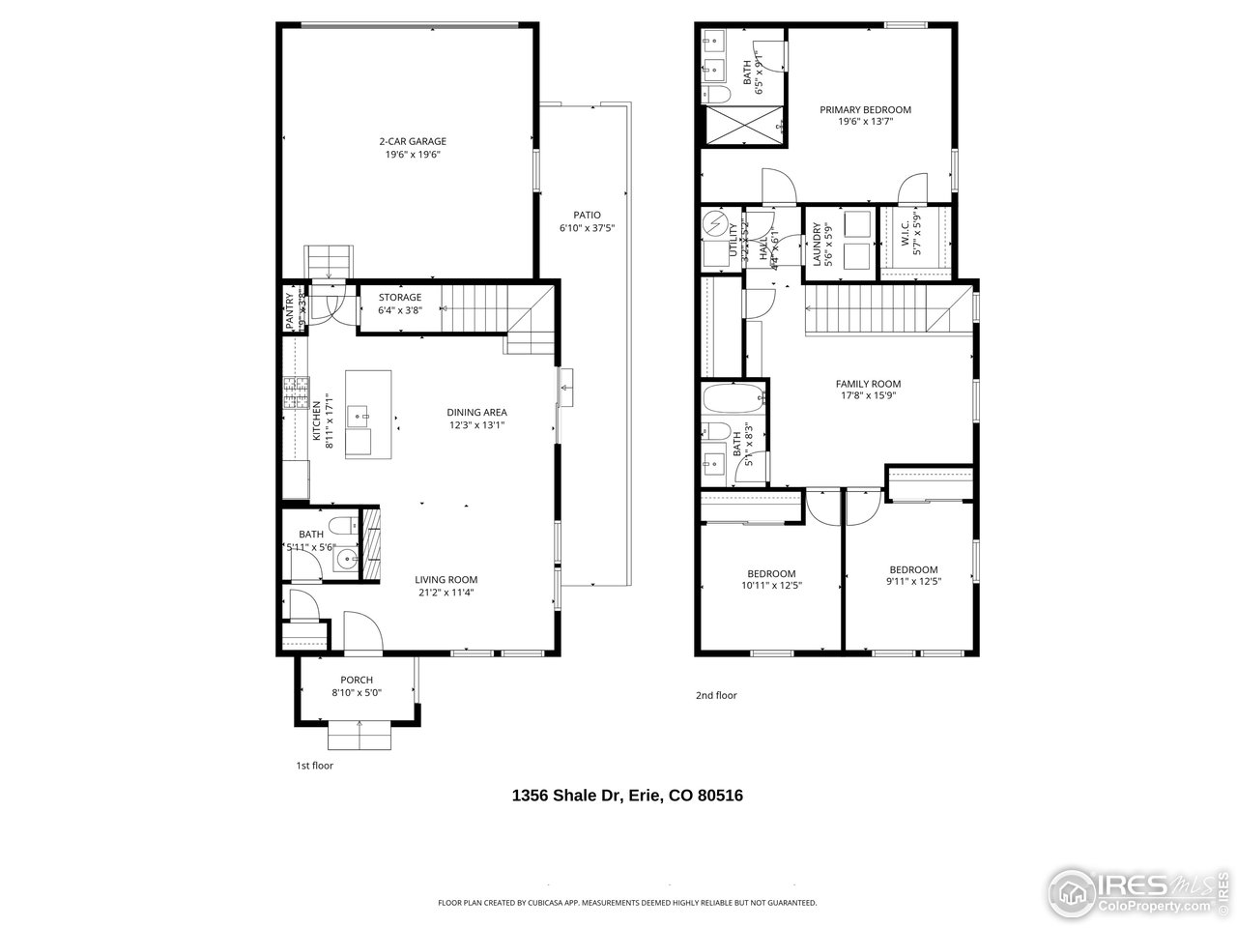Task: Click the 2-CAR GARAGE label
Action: [x=412, y=141]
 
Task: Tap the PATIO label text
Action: [x=587, y=216]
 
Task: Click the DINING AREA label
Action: [x=476, y=413]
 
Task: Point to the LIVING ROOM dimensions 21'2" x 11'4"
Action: [x=445, y=594]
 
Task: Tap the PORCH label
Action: [x=356, y=680]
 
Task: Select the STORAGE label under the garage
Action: [x=399, y=298]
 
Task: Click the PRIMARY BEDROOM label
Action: [x=865, y=110]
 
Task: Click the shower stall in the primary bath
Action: [x=742, y=126]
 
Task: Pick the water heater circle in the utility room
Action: [x=716, y=223]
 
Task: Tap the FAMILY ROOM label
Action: [x=868, y=384]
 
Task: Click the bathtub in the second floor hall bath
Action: [x=734, y=398]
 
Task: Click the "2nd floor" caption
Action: [x=716, y=695]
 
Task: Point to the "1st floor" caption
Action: [x=314, y=766]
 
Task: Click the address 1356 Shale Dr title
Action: [x=626, y=796]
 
